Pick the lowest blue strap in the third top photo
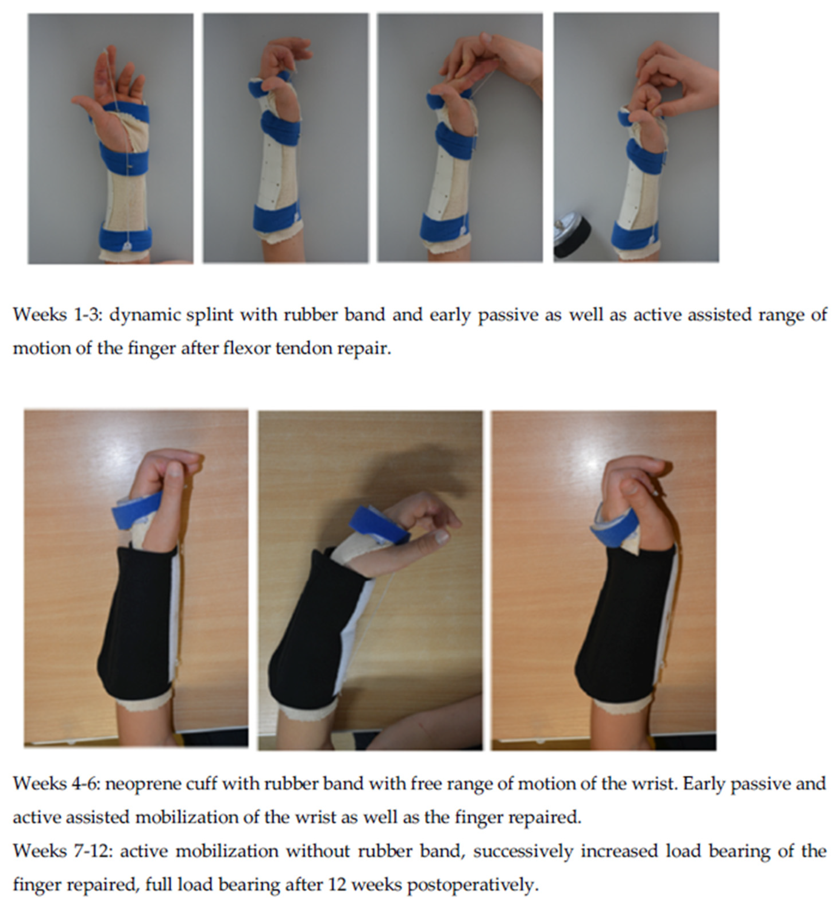tap(444, 226)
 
